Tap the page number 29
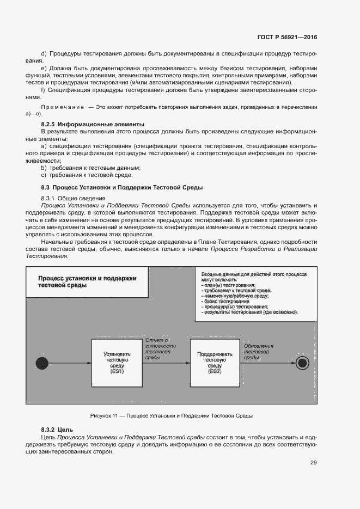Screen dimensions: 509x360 (313, 463)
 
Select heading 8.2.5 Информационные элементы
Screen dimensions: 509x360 (93, 124)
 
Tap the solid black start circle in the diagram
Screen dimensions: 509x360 (42, 363)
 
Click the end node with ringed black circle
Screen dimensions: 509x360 (303, 363)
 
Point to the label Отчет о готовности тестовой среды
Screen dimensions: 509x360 (160, 348)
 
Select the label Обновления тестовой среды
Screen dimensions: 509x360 (258, 352)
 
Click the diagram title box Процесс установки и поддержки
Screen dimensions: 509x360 (87, 281)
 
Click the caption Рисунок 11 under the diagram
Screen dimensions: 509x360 (171, 416)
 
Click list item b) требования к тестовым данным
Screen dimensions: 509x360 (91, 168)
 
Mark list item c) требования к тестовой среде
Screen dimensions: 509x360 (87, 175)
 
